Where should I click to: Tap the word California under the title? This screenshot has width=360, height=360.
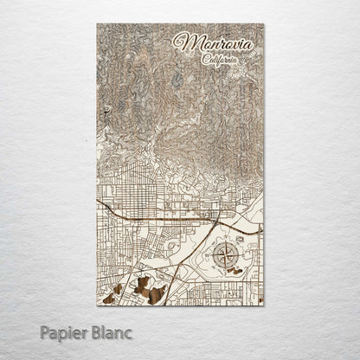[x=221, y=60]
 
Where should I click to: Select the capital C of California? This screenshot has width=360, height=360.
[x=204, y=60]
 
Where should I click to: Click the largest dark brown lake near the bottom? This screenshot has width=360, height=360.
[x=154, y=294]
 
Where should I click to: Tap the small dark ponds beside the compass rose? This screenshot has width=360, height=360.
[x=235, y=271]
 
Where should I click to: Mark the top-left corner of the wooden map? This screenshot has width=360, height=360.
[x=96, y=25]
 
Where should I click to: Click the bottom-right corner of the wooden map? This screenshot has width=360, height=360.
[x=265, y=306]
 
